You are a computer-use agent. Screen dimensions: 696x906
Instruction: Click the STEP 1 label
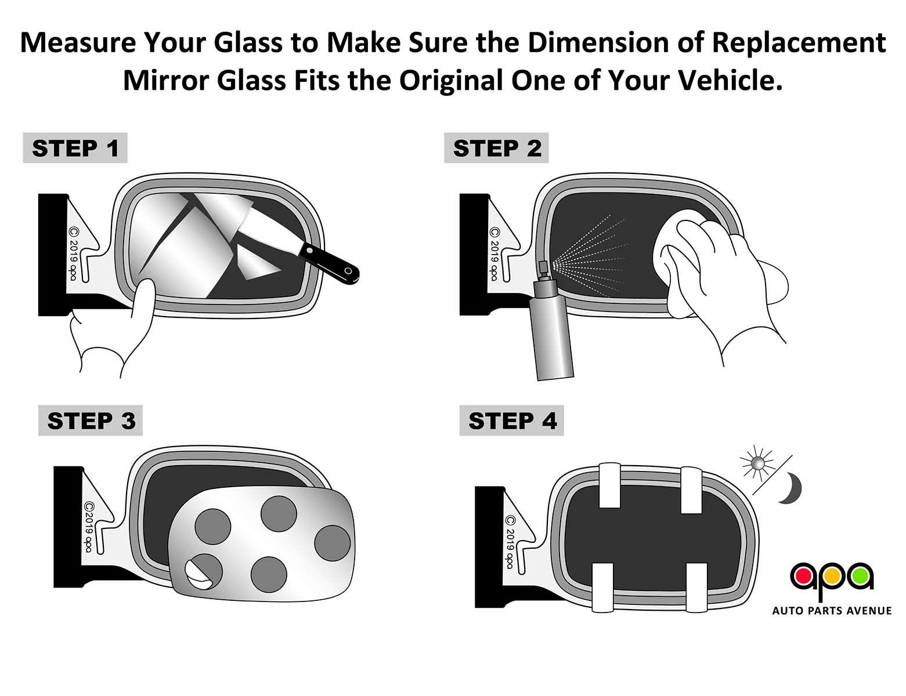coord(75,148)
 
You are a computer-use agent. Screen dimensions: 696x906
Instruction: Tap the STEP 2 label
coord(496,148)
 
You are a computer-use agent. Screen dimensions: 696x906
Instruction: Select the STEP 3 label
coord(91,420)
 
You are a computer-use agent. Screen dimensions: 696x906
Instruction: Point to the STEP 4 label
coord(511,420)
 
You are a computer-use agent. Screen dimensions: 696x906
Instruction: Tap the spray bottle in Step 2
coord(552,331)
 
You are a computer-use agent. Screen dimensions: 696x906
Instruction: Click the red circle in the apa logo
coord(804,576)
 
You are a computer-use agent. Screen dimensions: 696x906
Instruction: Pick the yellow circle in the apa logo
coord(832,576)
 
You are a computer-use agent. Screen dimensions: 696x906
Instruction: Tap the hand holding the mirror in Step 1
coord(116,336)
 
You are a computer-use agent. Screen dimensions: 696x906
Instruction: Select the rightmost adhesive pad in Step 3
coord(333,543)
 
